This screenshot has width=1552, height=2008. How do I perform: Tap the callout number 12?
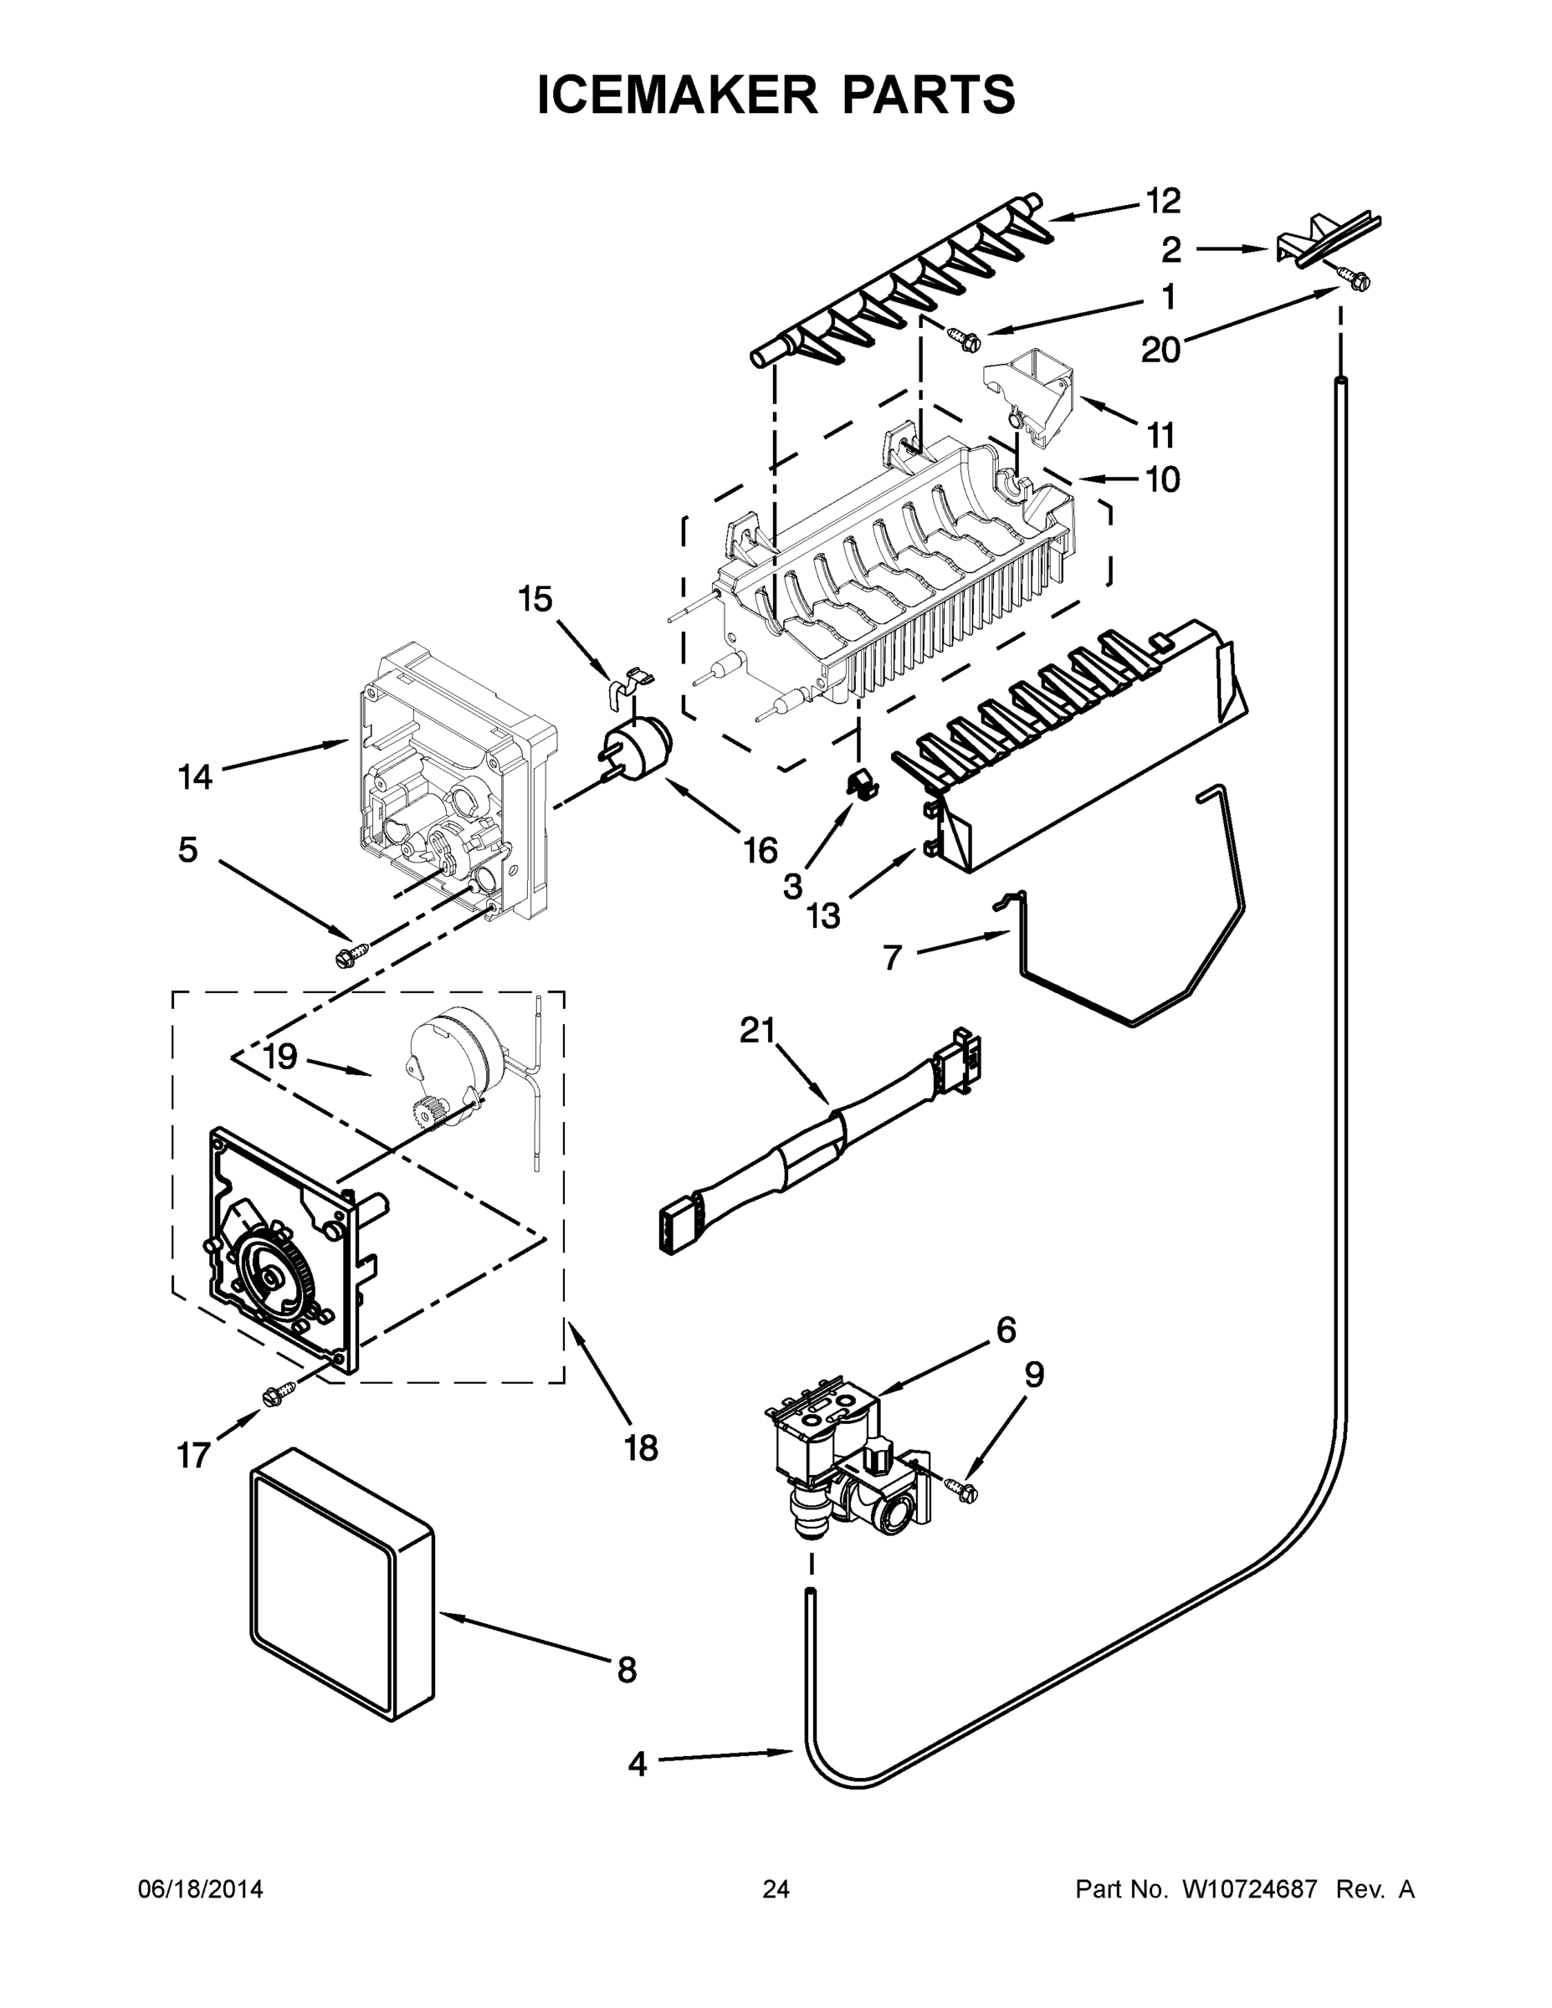tap(1162, 201)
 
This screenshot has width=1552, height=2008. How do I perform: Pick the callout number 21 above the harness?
tap(759, 1031)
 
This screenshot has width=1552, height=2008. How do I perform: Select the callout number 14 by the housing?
tap(194, 778)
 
